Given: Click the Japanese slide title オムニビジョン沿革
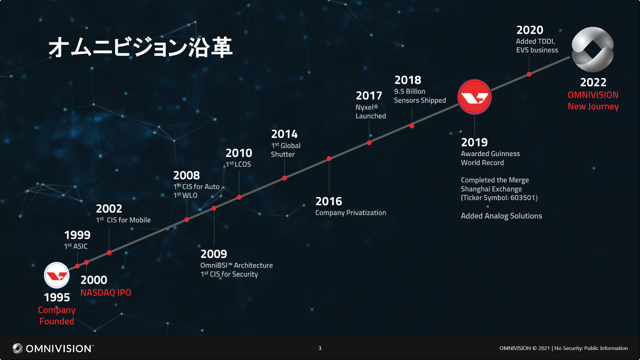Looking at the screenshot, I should coord(140,47).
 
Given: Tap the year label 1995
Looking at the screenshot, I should coord(57,297).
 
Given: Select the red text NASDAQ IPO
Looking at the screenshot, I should coord(106,293).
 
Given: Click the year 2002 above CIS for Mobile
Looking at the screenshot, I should coord(109,209).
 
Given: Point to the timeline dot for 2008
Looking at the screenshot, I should coord(187,220).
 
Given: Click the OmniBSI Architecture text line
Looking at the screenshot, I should coord(236,265).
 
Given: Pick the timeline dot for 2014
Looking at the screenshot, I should coord(284,178).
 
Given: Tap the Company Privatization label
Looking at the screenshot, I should coord(351,213).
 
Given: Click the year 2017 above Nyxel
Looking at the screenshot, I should coord(369,96).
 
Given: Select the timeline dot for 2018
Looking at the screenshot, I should coord(412,126).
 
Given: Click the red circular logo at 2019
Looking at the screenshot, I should coord(474,97).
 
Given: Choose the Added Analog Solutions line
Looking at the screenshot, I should coord(501,216).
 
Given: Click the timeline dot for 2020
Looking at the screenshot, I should coord(529,74).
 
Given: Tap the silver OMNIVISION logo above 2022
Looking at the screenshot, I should coord(593,49).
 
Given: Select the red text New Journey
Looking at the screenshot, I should coord(593,106).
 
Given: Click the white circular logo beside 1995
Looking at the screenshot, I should coord(57,275).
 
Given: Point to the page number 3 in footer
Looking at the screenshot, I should coord(320,348).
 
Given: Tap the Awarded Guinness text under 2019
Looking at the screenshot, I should coord(490,154).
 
